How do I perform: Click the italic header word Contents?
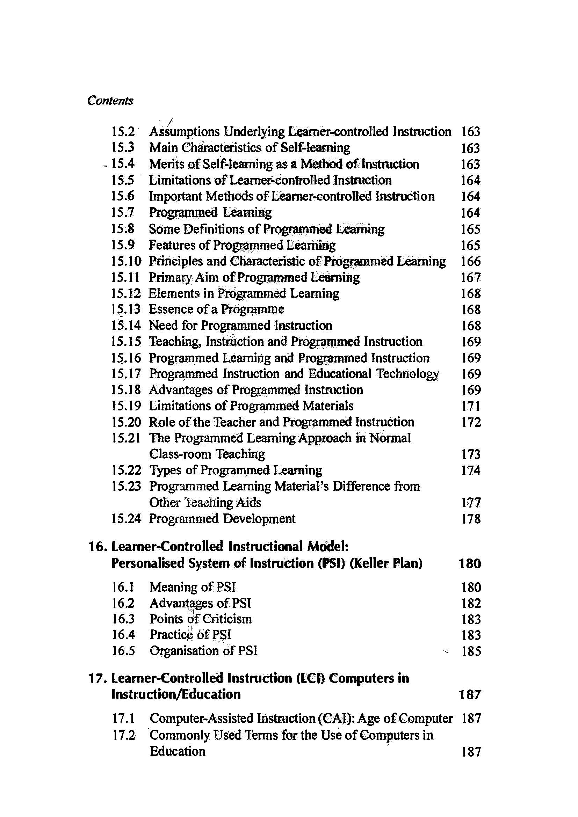tap(110, 101)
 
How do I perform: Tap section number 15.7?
tap(123, 212)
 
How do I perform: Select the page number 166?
tap(470, 262)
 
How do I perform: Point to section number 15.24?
tap(126, 519)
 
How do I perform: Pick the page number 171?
tap(470, 406)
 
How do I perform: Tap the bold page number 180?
tap(470, 564)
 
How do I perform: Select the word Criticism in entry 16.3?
tap(227, 619)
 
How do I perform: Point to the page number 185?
tap(471, 651)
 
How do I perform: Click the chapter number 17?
tap(97, 678)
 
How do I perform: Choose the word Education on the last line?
tap(178, 751)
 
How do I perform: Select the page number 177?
tap(470, 503)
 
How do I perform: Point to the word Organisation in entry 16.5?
tap(185, 651)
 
